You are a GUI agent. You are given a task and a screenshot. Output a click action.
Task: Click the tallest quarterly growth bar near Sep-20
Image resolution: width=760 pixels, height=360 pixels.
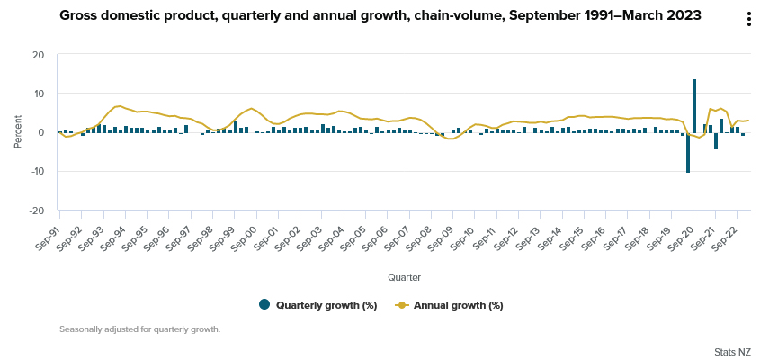coord(694,105)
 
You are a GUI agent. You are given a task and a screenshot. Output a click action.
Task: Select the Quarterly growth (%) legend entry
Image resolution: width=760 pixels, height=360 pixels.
coord(317,305)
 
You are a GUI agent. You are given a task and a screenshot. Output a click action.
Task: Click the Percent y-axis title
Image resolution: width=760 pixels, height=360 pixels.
coord(17,132)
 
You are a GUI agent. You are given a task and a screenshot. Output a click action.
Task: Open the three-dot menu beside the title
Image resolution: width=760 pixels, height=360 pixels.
coord(748,19)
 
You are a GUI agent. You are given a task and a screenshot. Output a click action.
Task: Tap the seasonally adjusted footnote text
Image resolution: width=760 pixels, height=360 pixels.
coord(139,329)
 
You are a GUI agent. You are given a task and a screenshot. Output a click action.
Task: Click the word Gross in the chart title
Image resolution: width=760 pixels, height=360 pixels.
coord(79,15)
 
